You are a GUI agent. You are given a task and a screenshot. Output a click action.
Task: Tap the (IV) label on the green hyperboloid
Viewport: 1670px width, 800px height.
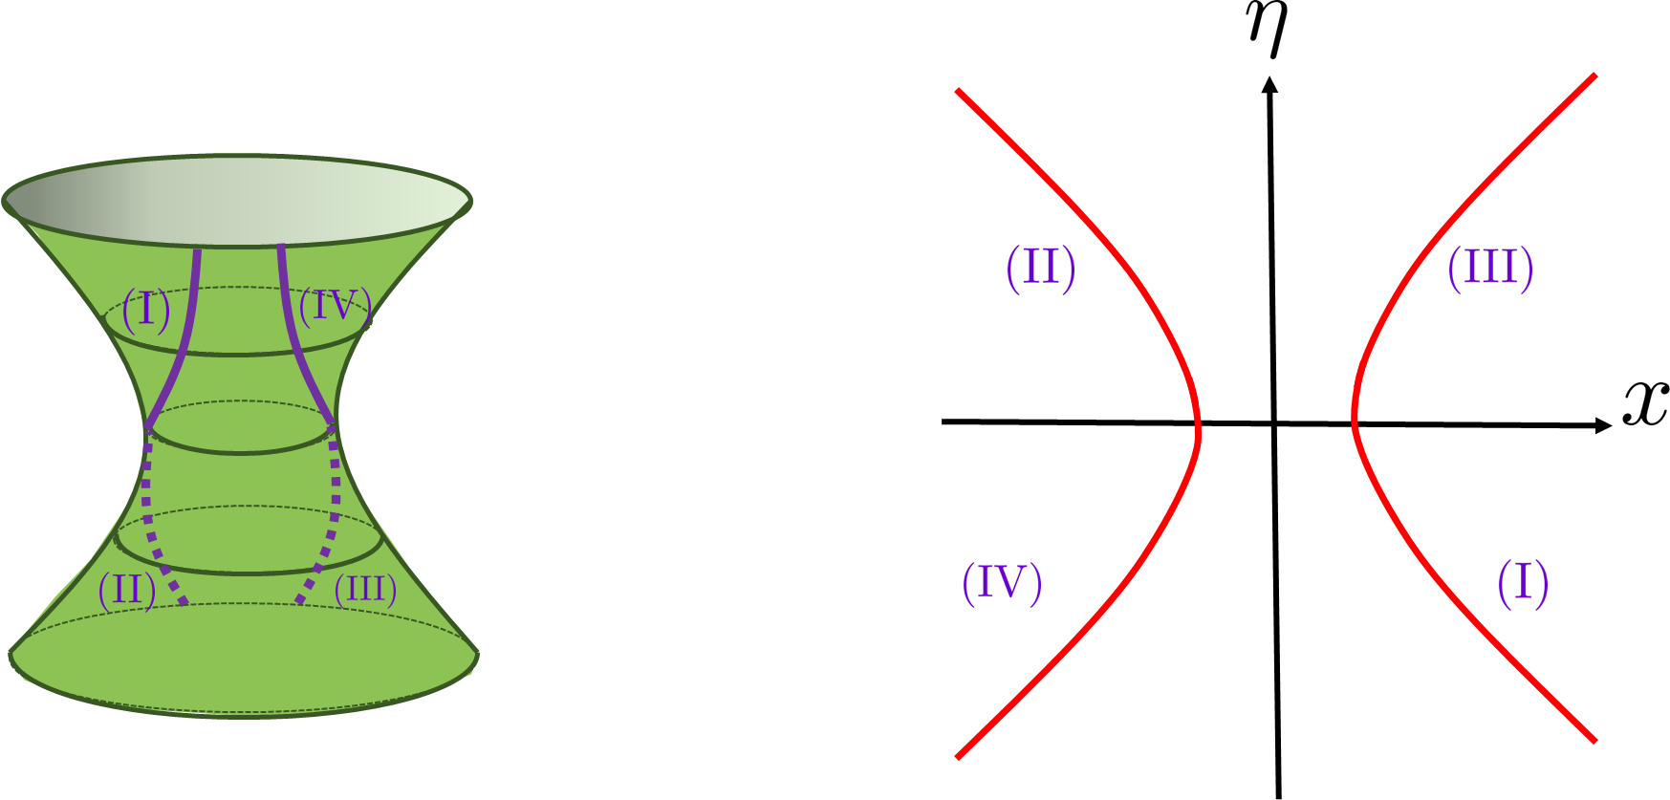pos(334,307)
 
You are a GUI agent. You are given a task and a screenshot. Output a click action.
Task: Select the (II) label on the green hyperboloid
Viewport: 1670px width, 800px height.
pos(126,590)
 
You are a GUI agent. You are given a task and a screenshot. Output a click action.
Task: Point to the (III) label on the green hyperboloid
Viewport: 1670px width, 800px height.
pos(365,590)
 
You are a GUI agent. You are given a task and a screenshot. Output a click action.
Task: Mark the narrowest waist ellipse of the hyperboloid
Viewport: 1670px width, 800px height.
pos(241,427)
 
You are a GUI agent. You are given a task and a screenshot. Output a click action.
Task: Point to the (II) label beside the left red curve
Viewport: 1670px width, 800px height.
pos(1040,268)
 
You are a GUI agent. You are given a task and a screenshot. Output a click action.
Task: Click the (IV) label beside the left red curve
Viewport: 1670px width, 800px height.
pos(1001,583)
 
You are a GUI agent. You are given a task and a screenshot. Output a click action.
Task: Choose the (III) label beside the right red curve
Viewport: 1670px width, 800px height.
pos(1489,268)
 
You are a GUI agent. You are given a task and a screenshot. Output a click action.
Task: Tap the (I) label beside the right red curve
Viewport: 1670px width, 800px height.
pos(1522,583)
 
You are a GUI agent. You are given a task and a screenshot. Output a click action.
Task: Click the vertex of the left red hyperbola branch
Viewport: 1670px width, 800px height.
pos(1198,435)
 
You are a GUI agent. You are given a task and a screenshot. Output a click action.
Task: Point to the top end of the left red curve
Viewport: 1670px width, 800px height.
pos(958,91)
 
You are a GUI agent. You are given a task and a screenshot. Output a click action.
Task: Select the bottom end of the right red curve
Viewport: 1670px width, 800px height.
pos(1594,740)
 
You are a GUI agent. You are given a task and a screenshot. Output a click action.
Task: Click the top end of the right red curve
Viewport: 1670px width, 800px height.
pos(1594,76)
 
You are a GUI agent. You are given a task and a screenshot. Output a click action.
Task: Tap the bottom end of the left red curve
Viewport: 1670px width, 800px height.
pos(958,758)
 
